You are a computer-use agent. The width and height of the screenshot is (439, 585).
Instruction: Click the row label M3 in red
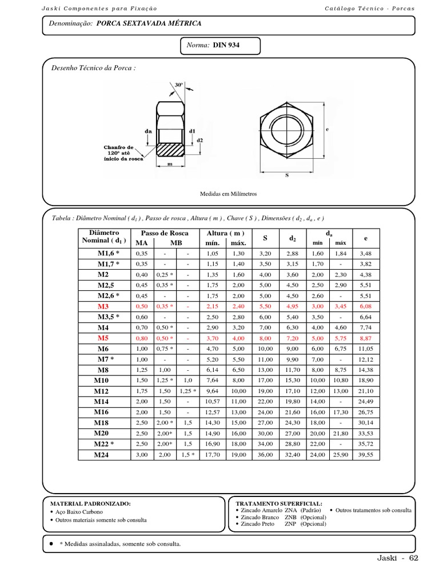coord(103,306)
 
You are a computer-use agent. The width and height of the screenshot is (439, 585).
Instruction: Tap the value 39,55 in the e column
coord(365,455)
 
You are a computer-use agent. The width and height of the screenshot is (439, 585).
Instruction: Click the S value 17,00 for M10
coord(265,380)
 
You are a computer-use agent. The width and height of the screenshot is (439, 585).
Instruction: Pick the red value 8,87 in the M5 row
coord(365,338)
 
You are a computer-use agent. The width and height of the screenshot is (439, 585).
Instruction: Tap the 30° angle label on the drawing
coord(179,85)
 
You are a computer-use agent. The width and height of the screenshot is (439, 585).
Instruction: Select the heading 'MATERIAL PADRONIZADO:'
coord(90,503)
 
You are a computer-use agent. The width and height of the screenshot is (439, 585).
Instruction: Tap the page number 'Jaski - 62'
coord(398,558)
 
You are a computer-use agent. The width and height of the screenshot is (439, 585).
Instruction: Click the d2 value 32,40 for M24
coord(292,455)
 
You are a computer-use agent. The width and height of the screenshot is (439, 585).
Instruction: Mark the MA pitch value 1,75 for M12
coord(141,391)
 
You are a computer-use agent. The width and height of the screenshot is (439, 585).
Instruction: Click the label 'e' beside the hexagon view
coord(328,130)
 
